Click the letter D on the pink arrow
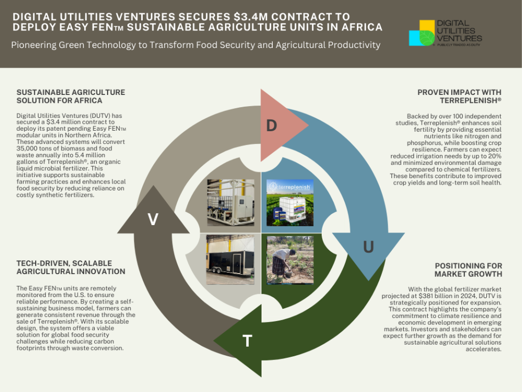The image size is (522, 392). point(272,126)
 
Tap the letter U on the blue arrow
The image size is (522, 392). point(368,247)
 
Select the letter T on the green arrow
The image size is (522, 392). point(247,341)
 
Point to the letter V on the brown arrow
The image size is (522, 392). point(153,219)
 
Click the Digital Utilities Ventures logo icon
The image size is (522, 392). point(422,33)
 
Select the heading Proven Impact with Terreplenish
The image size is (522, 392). point(459,96)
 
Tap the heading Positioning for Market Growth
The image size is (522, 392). point(468,270)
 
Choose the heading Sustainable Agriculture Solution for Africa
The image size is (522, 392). point(71,96)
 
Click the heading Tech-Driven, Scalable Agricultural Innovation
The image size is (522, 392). point(71,267)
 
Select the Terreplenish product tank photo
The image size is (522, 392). point(290,203)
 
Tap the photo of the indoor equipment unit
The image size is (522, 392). point(230,203)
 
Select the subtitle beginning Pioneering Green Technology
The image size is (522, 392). point(195,45)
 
